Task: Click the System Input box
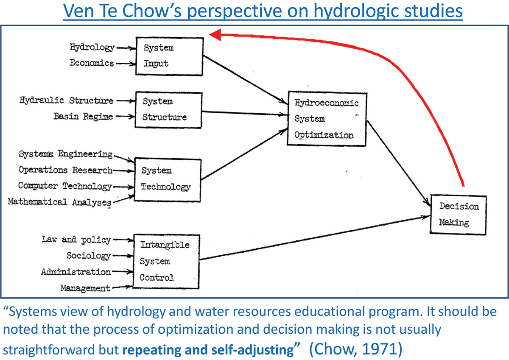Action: click(169, 56)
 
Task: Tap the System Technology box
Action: click(167, 179)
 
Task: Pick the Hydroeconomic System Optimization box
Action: click(327, 119)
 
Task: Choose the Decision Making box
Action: click(458, 215)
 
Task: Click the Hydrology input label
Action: click(92, 47)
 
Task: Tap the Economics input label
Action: click(92, 63)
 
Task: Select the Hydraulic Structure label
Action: click(67, 100)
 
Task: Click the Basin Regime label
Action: click(83, 116)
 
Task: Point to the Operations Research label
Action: click(65, 170)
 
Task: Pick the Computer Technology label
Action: click(65, 186)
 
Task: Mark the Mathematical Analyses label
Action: click(59, 202)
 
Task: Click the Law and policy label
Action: click(76, 240)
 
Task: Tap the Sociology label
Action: click(88, 256)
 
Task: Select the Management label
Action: click(85, 288)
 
